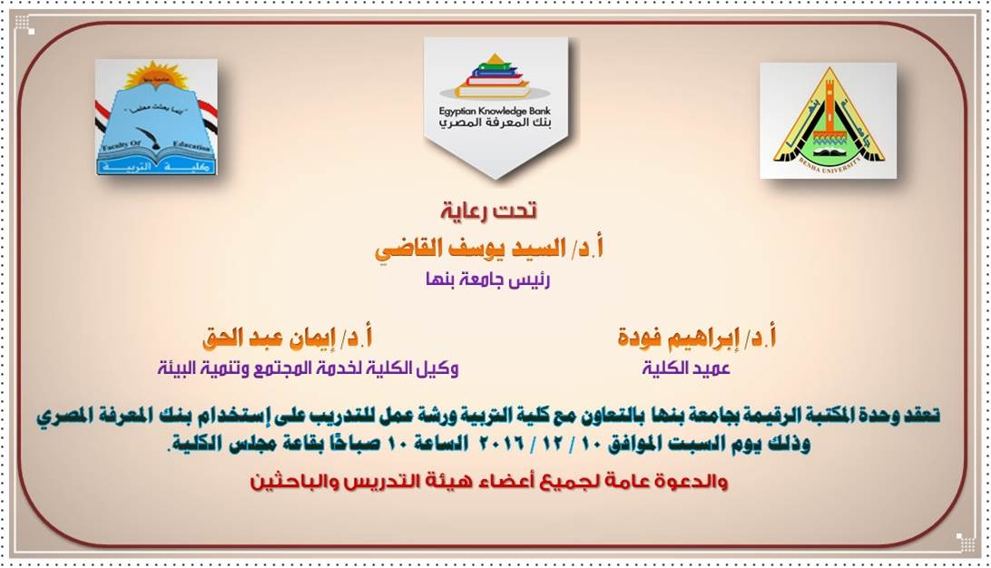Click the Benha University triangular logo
(x=828, y=121)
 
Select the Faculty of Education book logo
(x=156, y=118)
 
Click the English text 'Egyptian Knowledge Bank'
(x=495, y=111)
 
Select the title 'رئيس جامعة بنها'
(x=488, y=279)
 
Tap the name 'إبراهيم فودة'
(x=676, y=338)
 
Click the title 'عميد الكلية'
(x=686, y=367)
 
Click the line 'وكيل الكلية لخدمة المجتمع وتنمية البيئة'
(x=308, y=367)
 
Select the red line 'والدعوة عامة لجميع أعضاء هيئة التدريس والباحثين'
(x=488, y=482)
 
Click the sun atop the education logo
(x=156, y=73)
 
